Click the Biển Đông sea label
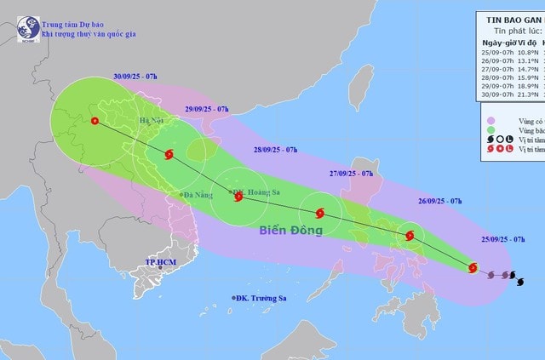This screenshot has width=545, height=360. click(290, 230)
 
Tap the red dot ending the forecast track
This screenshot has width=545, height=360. click(94, 144)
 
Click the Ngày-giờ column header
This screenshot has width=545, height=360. click(499, 43)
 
